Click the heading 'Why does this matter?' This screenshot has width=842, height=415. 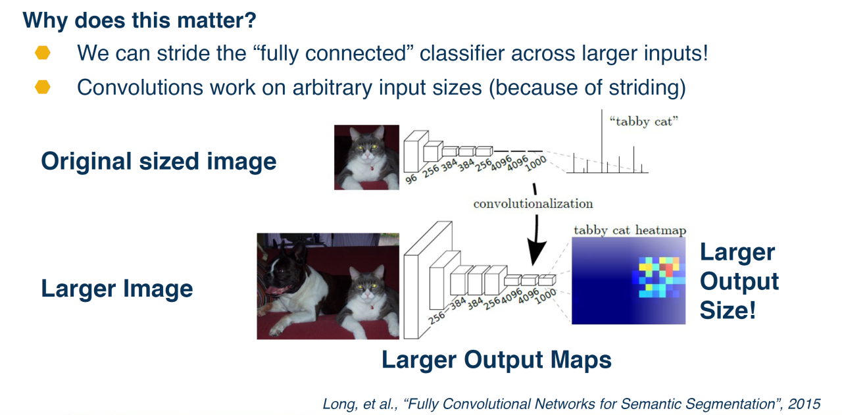click(x=139, y=20)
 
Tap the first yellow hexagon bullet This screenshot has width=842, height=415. click(x=43, y=53)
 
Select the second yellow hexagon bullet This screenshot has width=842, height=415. click(x=43, y=87)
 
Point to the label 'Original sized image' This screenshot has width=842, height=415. click(x=159, y=161)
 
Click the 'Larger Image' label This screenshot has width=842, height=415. click(x=117, y=289)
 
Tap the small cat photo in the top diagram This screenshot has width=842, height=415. click(x=366, y=157)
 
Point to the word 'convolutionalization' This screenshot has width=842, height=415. click(x=533, y=203)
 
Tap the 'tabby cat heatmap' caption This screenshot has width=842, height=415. click(x=630, y=230)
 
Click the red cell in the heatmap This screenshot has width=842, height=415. click(x=668, y=270)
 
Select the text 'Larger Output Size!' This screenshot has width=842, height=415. click(x=739, y=281)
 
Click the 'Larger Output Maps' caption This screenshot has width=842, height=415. click(x=497, y=360)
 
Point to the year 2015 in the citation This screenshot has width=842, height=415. click(x=807, y=403)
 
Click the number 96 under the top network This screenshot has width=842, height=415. click(x=412, y=178)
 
